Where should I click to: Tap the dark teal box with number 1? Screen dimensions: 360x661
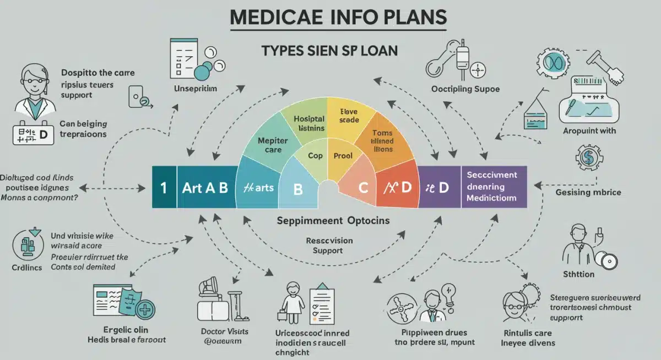[x=164, y=187]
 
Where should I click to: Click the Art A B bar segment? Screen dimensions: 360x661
[x=205, y=187]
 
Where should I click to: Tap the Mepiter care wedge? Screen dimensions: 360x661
[x=269, y=145]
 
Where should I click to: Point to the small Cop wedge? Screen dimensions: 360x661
[x=315, y=156]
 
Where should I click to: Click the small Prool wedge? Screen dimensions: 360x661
[x=343, y=156]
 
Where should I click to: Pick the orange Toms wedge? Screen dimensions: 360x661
[x=382, y=140]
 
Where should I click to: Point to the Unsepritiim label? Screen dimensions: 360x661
[x=196, y=88]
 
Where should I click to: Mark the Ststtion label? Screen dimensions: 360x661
[x=578, y=274]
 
